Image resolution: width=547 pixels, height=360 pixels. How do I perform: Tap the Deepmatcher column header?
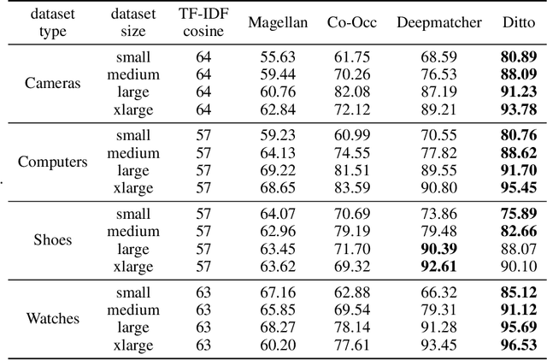(439, 23)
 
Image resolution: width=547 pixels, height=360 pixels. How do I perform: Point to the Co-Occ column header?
(351, 23)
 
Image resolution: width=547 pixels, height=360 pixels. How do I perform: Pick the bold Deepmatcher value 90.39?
(439, 249)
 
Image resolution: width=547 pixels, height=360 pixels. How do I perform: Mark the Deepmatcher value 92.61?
(439, 265)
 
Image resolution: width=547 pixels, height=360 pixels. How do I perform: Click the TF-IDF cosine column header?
(203, 23)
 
